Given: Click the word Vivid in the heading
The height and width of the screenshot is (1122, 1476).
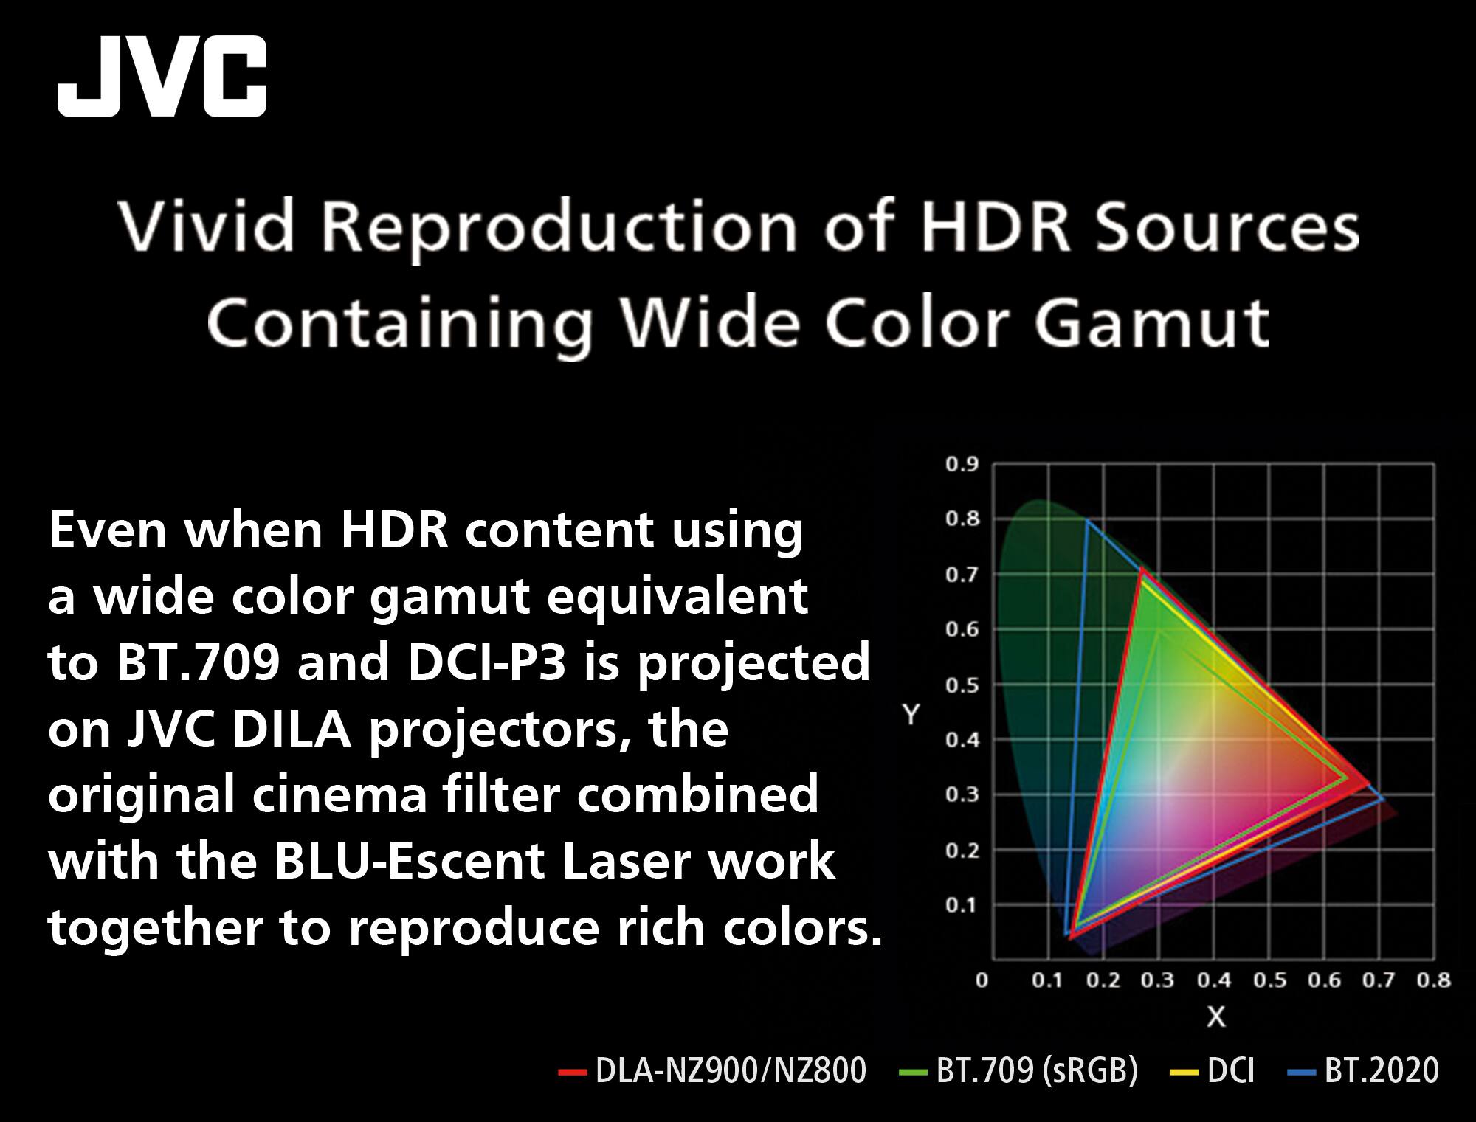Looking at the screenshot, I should click(207, 226).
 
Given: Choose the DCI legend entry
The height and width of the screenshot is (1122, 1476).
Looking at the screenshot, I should click(1214, 1070).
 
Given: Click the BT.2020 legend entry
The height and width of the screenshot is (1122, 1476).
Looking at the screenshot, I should click(1365, 1070).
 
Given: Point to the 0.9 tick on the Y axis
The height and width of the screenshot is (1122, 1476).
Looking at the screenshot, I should click(962, 465).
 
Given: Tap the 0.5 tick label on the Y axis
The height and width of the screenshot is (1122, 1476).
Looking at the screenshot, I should click(962, 685).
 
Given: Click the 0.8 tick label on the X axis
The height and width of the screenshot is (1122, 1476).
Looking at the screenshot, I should click(1434, 980).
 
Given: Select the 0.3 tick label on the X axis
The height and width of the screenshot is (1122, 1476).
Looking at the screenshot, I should click(1157, 980).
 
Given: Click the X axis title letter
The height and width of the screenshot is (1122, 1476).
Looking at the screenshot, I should click(1215, 1017).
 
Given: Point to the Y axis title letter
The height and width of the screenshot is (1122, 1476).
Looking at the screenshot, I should click(911, 714).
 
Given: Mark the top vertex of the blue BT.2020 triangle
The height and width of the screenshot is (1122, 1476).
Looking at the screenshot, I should click(1086, 521).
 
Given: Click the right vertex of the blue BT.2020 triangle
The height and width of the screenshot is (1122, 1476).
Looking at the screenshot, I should click(1383, 799).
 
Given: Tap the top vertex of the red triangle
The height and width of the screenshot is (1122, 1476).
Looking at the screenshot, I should click(1142, 569).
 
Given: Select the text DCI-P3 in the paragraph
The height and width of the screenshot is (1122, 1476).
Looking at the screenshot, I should click(486, 662).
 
